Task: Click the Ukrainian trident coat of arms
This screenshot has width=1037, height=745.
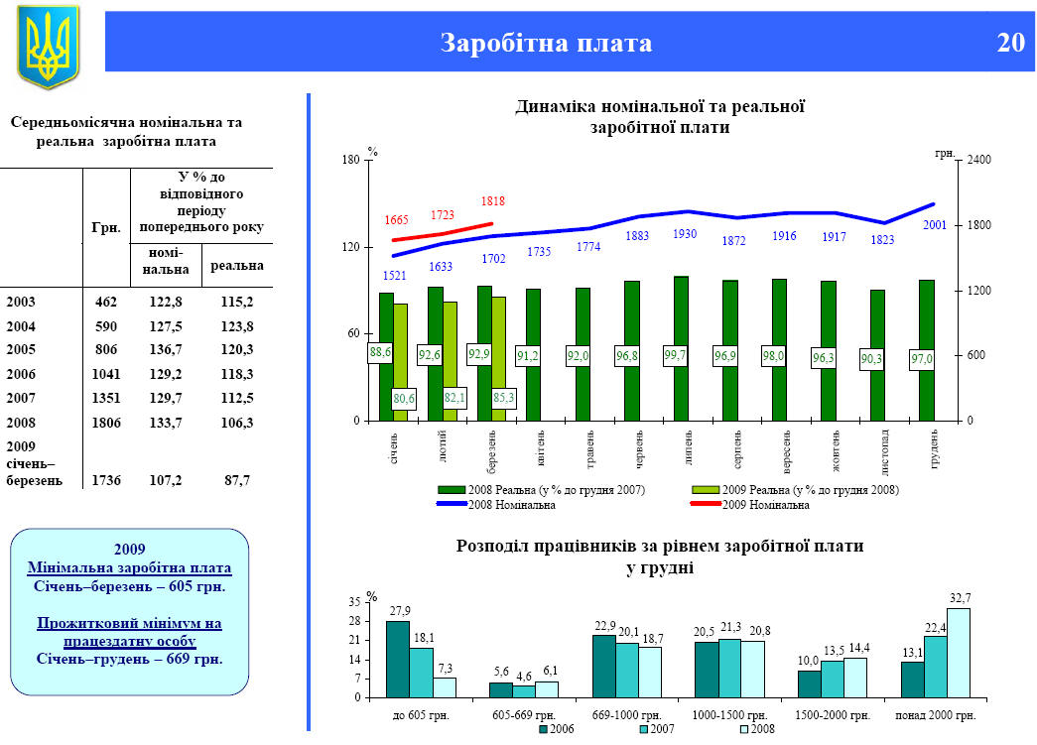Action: tap(48, 46)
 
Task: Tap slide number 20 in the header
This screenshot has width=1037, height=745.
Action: tap(1010, 43)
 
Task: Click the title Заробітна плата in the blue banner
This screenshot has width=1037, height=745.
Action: tap(547, 43)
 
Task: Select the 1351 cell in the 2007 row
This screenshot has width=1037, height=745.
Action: tap(106, 399)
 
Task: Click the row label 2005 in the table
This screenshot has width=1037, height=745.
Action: tap(21, 350)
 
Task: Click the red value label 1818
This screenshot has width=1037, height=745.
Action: tap(493, 201)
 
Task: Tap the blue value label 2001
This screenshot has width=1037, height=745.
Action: tap(935, 225)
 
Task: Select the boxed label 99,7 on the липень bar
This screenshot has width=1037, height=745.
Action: tap(676, 355)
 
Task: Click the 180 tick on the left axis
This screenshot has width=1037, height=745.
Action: tap(349, 160)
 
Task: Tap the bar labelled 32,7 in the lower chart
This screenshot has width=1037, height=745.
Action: tap(959, 652)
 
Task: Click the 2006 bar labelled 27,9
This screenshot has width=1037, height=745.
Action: tap(398, 659)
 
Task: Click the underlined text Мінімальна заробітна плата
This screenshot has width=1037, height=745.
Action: tap(130, 568)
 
